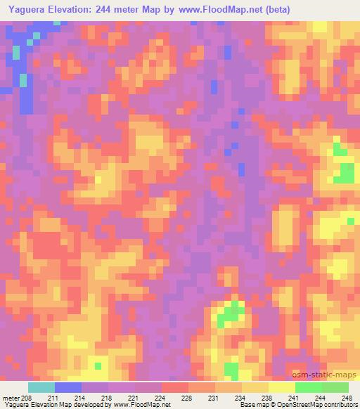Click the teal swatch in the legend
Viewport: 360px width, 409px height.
tap(41, 387)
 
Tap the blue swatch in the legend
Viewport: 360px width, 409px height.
tap(68, 387)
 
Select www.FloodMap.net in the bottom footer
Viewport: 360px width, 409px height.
tap(144, 405)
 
